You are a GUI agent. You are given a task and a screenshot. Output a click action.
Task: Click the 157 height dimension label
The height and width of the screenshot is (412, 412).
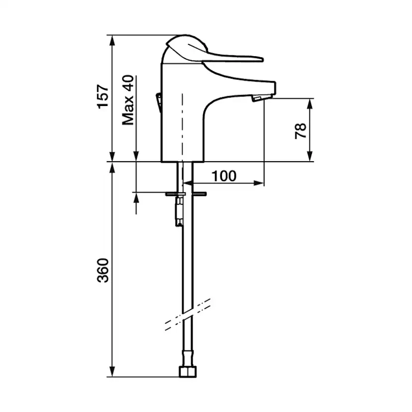tap(103, 97)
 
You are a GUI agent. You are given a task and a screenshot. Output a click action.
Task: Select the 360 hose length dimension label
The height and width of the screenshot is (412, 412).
tap(103, 271)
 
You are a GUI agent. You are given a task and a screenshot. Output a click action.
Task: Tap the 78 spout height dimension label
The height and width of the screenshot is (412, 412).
tap(301, 131)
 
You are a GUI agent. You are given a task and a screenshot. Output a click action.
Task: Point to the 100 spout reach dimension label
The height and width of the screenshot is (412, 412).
tap(224, 176)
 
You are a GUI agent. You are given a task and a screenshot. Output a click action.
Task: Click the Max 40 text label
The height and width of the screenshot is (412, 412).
tap(128, 100)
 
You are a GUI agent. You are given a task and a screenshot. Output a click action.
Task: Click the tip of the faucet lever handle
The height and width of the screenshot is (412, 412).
tap(262, 59)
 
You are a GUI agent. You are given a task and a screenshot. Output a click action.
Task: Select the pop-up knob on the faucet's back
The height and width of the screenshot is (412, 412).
tap(158, 103)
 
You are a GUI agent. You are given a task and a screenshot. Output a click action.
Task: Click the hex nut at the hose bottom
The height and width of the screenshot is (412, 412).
tap(188, 372)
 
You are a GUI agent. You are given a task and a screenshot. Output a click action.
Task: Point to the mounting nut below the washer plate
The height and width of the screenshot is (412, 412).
tap(180, 211)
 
